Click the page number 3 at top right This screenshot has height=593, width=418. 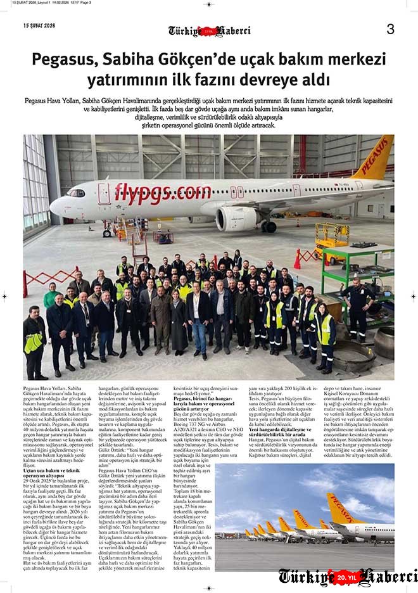click(390, 29)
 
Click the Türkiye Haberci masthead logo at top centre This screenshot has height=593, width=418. click(209, 30)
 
